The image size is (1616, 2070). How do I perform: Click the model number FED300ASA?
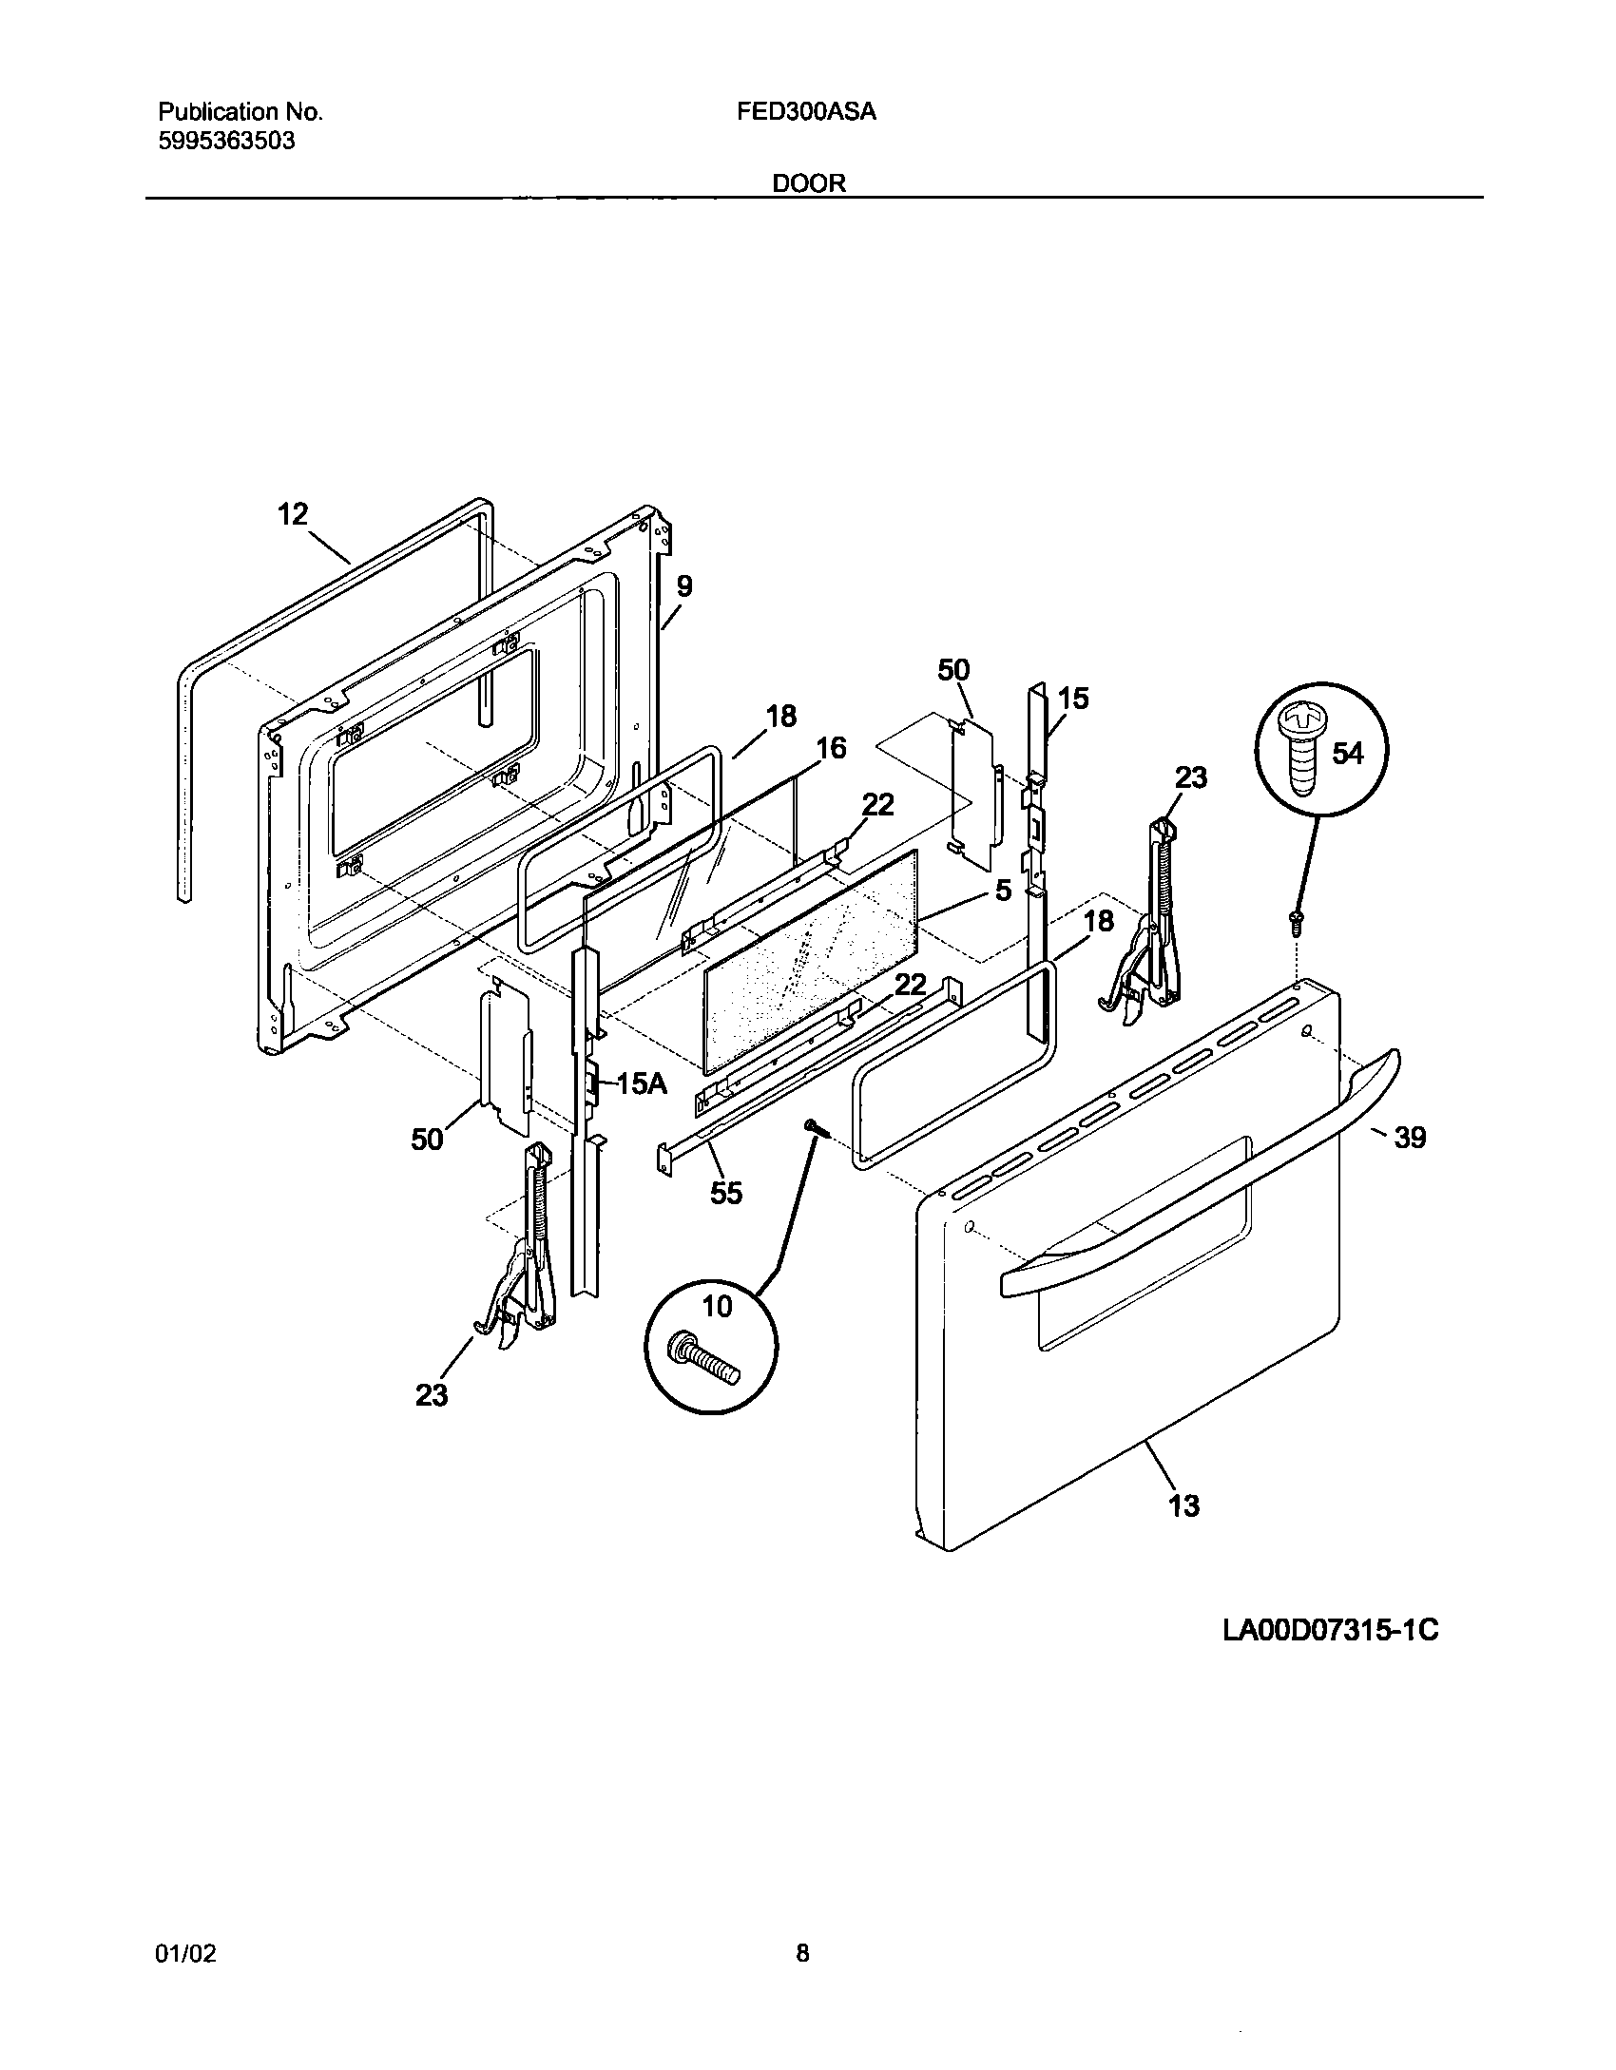pyautogui.click(x=806, y=112)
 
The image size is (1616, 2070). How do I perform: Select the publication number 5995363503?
pyautogui.click(x=225, y=142)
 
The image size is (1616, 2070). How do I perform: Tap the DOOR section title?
pyautogui.click(x=809, y=183)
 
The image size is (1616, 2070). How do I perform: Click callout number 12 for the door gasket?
pyautogui.click(x=293, y=514)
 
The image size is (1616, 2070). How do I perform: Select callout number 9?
pyautogui.click(x=684, y=586)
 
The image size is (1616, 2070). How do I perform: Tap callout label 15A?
pyautogui.click(x=641, y=1083)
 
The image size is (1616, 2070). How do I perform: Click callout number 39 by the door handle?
pyautogui.click(x=1410, y=1138)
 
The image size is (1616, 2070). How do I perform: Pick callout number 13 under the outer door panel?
pyautogui.click(x=1184, y=1505)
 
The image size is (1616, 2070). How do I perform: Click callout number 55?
pyautogui.click(x=726, y=1193)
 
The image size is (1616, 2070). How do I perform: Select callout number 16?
pyautogui.click(x=831, y=748)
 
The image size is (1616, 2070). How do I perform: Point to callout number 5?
pyautogui.click(x=1003, y=891)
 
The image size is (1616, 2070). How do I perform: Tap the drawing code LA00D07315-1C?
pyautogui.click(x=1330, y=1631)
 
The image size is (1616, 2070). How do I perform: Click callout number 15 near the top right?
pyautogui.click(x=1073, y=699)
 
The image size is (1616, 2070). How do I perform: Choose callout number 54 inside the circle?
pyautogui.click(x=1348, y=754)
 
